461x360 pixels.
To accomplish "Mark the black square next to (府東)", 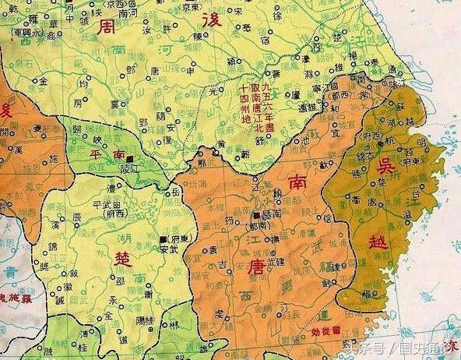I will tap(163, 238).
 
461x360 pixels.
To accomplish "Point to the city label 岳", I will tap(174, 190).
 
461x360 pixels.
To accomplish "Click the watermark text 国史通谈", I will tap(425, 347).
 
